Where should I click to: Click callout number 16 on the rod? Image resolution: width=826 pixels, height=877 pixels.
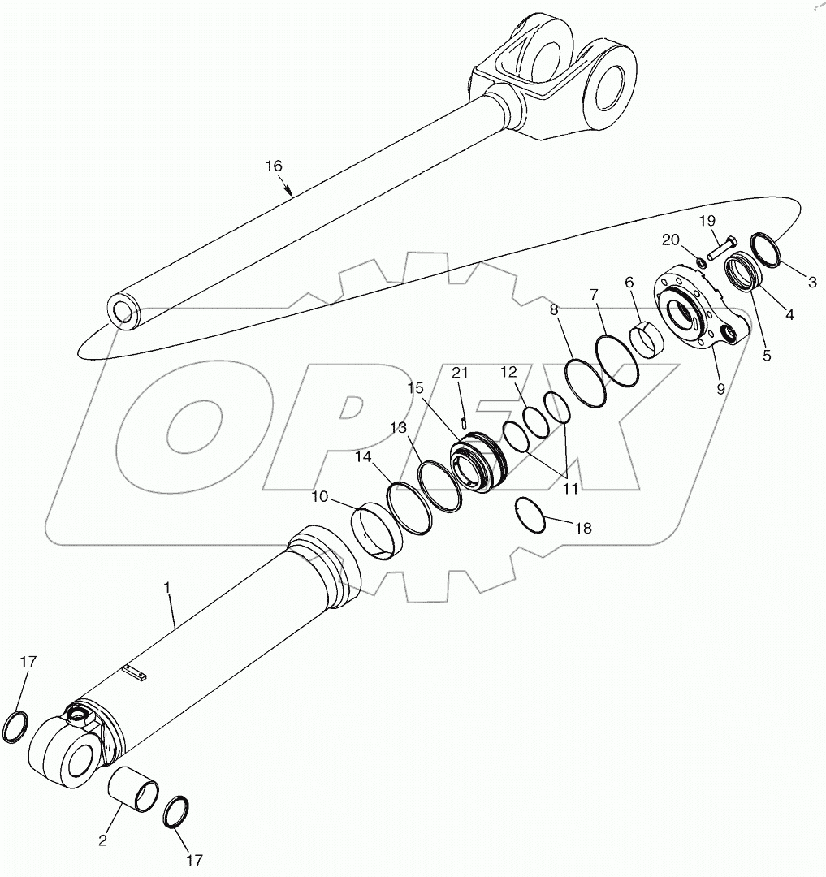click(274, 166)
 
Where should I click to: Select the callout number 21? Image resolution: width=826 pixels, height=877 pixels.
click(461, 373)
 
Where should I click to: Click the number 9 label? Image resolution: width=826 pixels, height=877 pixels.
click(720, 389)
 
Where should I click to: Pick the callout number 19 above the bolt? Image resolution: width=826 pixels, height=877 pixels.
click(707, 221)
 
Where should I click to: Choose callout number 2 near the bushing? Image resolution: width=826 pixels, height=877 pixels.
click(103, 840)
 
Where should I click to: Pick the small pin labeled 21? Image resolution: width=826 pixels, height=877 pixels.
click(463, 421)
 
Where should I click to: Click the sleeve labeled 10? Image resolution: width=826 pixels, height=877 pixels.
click(377, 531)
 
